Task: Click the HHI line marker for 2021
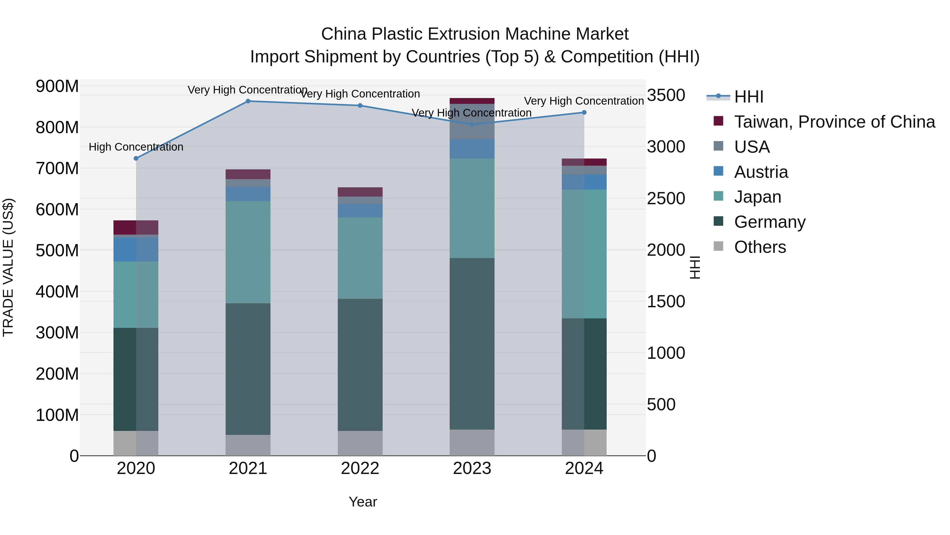[248, 101]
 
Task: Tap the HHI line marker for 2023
[472, 125]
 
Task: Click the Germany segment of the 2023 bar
[472, 343]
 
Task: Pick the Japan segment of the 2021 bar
[248, 252]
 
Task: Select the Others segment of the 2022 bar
[360, 443]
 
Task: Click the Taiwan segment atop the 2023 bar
[472, 101]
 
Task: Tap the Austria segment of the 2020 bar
[136, 250]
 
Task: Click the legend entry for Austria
[761, 172]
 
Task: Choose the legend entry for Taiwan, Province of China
[834, 122]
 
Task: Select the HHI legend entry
[748, 97]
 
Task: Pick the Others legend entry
[760, 247]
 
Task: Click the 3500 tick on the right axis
[666, 95]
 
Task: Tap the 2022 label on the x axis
[360, 468]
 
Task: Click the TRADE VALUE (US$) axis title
[8, 267]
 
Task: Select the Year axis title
[363, 502]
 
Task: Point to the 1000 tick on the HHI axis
[666, 353]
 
